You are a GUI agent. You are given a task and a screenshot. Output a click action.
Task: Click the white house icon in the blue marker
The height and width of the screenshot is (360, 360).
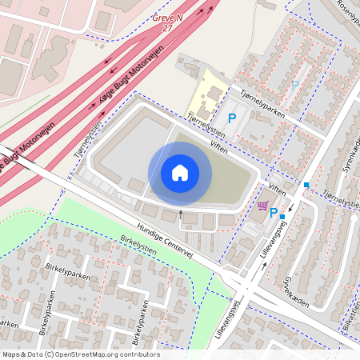click(179, 173)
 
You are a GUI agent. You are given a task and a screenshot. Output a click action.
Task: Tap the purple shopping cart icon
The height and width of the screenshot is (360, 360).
click(262, 206)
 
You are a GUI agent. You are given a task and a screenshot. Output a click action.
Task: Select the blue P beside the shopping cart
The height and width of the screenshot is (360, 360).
click(274, 213)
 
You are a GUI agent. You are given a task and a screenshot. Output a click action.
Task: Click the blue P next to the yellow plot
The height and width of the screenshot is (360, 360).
click(232, 118)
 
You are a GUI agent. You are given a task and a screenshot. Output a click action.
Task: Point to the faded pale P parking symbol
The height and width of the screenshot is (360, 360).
click(294, 85)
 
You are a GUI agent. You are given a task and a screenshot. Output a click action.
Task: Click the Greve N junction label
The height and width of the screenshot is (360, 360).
click(167, 17)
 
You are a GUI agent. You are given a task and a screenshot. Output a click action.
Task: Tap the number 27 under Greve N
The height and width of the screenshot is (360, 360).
click(167, 27)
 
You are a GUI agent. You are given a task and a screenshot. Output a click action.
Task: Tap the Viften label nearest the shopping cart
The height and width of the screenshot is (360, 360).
click(278, 189)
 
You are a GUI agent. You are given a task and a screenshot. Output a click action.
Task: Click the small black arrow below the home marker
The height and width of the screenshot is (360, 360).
click(181, 213)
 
